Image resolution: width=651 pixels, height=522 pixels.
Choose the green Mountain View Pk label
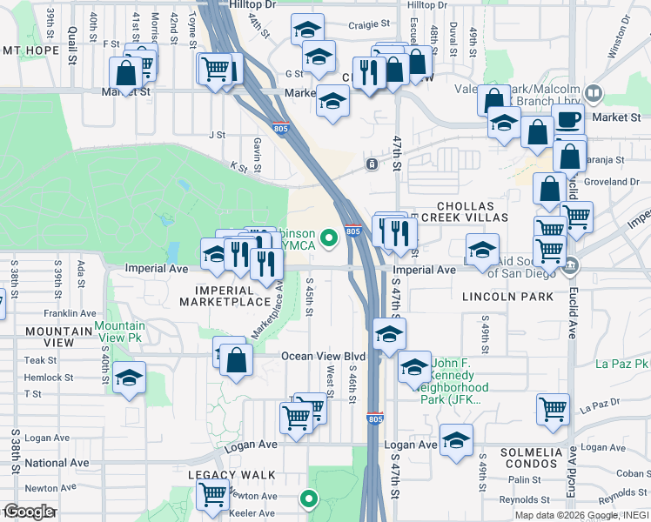(x=120, y=331)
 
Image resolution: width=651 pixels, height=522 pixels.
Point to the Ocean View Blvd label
(x=322, y=356)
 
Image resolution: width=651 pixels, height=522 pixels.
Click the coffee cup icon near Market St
(x=569, y=119)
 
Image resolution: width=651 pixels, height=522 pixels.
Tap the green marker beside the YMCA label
(x=329, y=237)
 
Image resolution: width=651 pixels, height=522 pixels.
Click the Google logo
(x=29, y=512)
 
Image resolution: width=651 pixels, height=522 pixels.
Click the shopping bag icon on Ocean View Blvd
(x=236, y=358)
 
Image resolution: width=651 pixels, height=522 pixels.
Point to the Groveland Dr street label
(x=614, y=182)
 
